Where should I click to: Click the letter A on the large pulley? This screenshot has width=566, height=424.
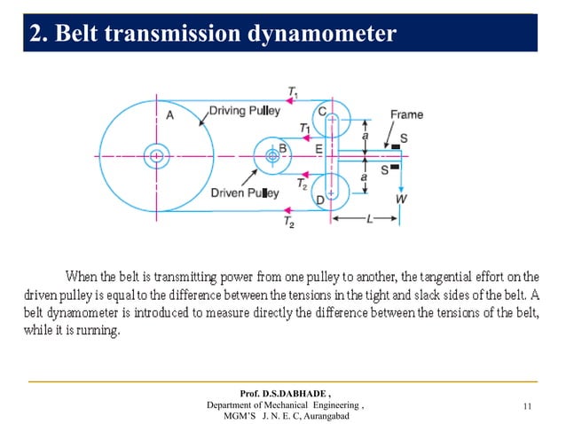click(x=169, y=114)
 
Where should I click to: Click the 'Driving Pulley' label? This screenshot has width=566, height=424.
click(x=245, y=111)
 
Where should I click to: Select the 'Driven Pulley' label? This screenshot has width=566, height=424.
click(x=244, y=192)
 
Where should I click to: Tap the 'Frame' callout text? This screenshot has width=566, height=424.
click(x=405, y=114)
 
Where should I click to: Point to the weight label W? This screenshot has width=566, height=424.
click(x=401, y=200)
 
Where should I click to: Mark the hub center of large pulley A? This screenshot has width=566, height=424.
click(x=156, y=156)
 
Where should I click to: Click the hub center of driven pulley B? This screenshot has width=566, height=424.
click(x=272, y=156)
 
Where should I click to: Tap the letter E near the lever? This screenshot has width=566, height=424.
click(x=318, y=149)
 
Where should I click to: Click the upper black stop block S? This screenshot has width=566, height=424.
click(x=395, y=146)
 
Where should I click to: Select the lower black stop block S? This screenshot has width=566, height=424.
click(x=395, y=166)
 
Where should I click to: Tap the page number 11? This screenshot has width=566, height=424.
click(x=528, y=406)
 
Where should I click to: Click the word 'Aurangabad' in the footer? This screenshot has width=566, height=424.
click(x=318, y=415)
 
